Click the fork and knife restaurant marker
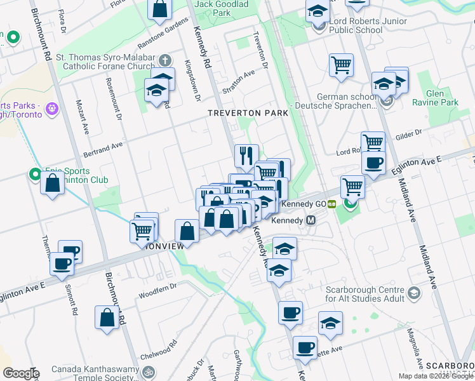pos(246,155)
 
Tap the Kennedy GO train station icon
pos(331,204)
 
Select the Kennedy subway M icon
pos(311,220)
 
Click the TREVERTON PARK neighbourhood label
pos(248,112)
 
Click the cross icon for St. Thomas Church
pos(164,61)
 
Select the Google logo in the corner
pos(20,373)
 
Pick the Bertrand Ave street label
pos(103,150)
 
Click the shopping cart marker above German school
pos(341,65)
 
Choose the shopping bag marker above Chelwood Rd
pos(107,317)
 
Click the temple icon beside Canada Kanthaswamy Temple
pos(149,372)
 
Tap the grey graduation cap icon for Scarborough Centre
pos(414,293)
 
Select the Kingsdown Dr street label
pos(192,81)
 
